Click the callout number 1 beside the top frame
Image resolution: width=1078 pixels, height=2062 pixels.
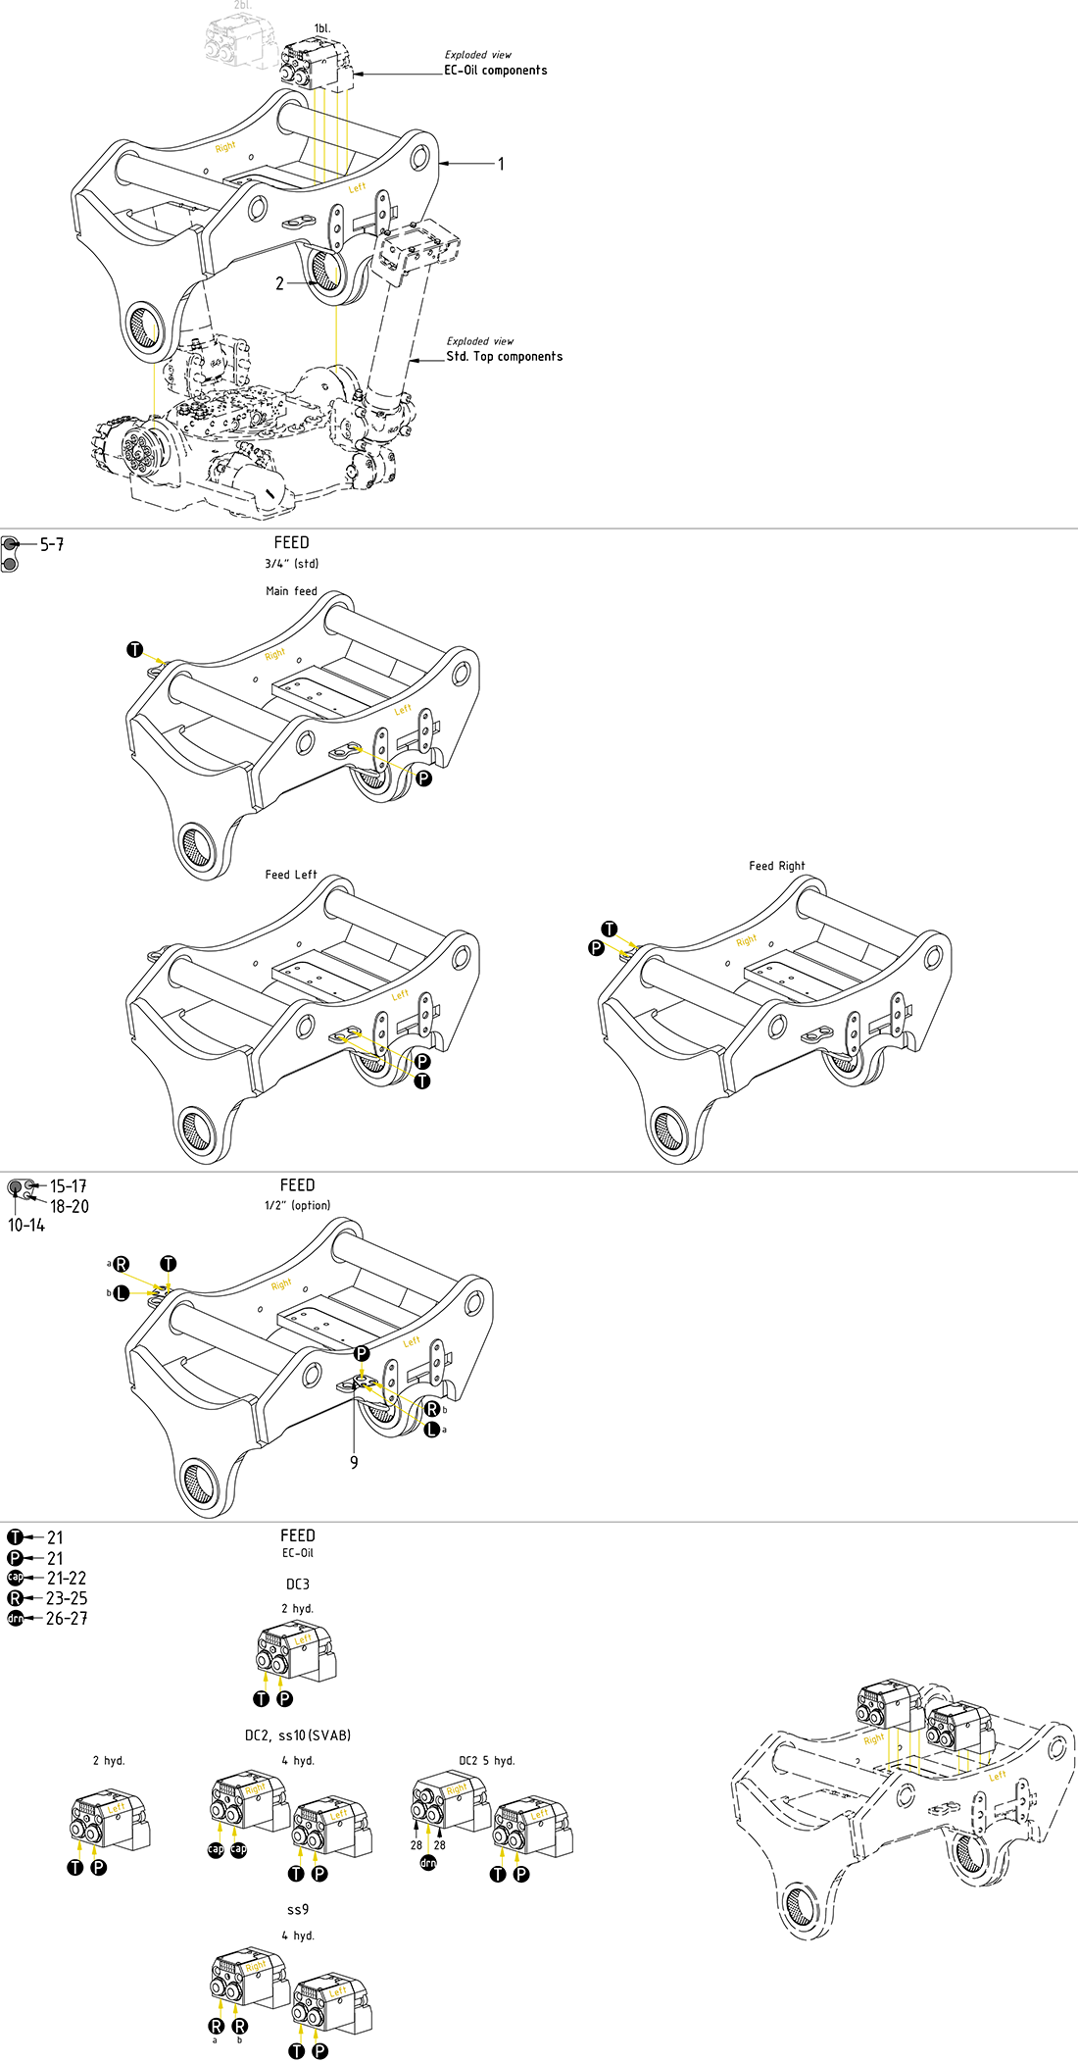point(501,164)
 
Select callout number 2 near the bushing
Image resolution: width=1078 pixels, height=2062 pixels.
point(279,283)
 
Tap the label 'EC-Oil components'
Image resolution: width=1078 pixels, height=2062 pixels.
point(495,71)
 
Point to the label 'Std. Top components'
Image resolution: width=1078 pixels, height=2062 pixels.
point(504,357)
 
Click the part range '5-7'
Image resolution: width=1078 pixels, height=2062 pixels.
point(52,544)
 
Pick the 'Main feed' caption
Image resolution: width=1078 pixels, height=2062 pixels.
point(291,591)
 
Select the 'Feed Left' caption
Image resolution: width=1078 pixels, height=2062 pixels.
point(291,875)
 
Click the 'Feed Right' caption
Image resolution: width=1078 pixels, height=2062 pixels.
point(776,866)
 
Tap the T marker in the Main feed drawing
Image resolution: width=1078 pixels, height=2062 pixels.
point(135,649)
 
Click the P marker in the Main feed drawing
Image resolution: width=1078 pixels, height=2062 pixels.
point(423,779)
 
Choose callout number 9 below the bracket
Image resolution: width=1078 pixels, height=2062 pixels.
point(354,1462)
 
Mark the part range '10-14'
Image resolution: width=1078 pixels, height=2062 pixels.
point(26,1226)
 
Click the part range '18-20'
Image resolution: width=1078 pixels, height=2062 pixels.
point(70,1207)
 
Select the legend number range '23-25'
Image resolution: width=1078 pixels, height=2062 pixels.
point(67,1598)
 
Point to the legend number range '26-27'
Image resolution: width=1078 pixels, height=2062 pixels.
point(67,1619)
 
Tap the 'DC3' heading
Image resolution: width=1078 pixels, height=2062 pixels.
point(297,1584)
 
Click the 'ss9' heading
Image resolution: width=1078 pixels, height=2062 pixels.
point(297,1910)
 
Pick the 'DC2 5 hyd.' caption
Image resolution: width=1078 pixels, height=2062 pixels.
point(486,1761)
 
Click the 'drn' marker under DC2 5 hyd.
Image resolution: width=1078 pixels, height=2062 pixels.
point(428,1863)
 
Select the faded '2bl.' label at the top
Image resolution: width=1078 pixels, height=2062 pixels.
point(242,6)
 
